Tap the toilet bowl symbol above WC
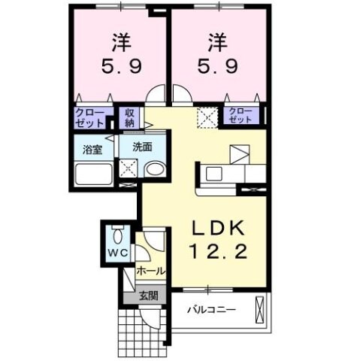[x=116, y=233]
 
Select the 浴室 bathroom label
[x=92, y=149]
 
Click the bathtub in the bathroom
[x=94, y=177]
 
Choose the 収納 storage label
[x=130, y=117]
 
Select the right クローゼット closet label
[x=241, y=116]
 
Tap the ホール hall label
[x=150, y=270]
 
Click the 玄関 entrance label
[x=148, y=296]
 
